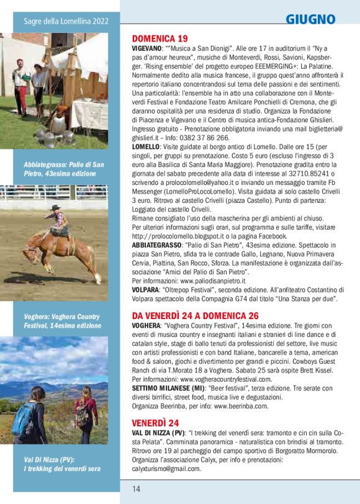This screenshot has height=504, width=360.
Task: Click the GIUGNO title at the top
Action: [x=310, y=19]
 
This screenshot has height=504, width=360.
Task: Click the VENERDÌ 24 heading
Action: [x=156, y=423]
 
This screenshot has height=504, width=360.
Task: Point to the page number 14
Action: [x=137, y=488]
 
